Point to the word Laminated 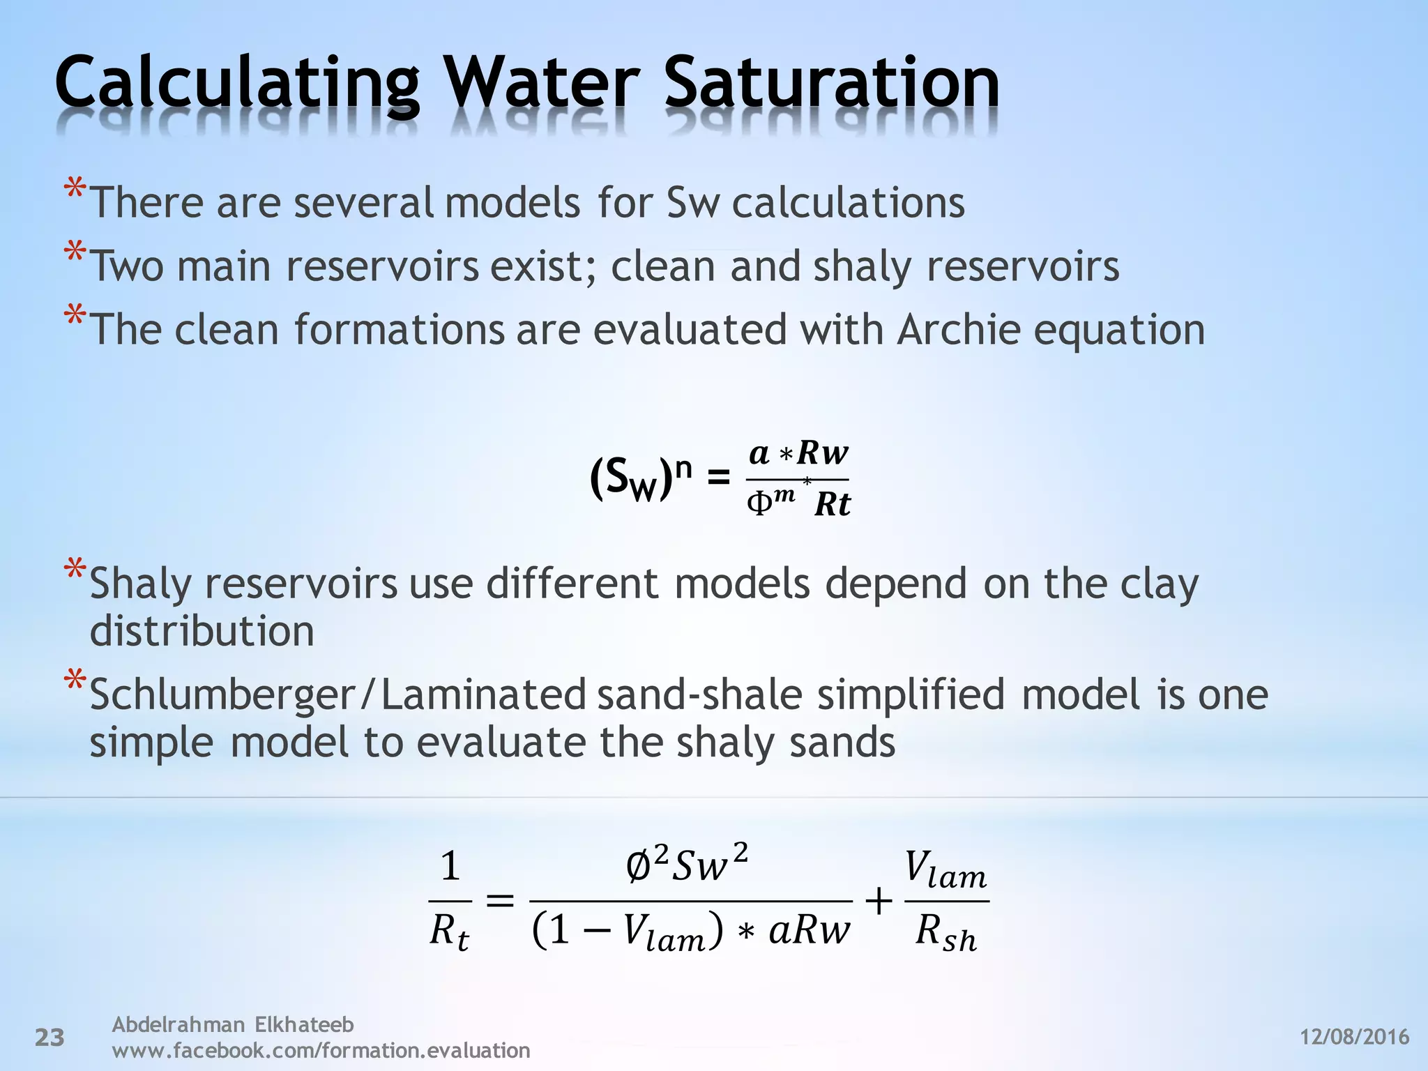click(x=483, y=694)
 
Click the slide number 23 click(x=50, y=1038)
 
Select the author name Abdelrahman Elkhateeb click(x=233, y=1024)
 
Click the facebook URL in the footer click(x=321, y=1050)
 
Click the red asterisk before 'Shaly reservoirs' click(x=75, y=571)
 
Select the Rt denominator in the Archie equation click(x=833, y=504)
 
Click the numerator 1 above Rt click(x=450, y=867)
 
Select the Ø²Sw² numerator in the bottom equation click(x=687, y=865)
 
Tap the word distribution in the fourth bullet click(x=202, y=632)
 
